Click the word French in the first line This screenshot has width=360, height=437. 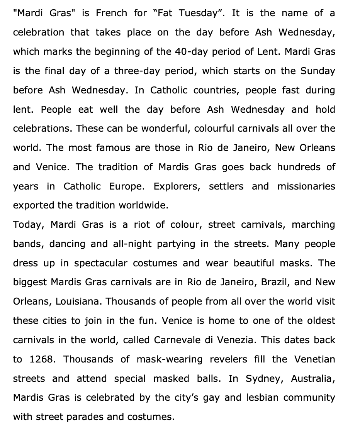111,13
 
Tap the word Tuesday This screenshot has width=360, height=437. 204,13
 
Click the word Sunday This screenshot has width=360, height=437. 318,71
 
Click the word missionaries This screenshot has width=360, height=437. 306,186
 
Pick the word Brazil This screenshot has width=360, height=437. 275,282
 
